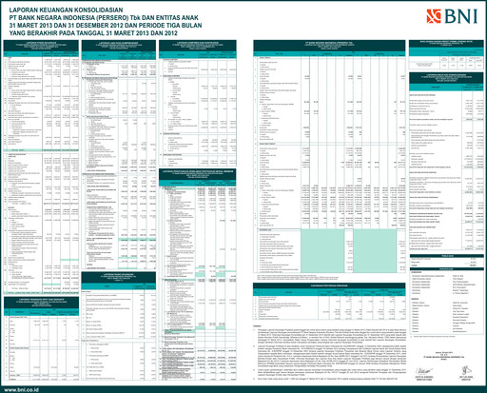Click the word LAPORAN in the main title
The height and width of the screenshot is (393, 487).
22,8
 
